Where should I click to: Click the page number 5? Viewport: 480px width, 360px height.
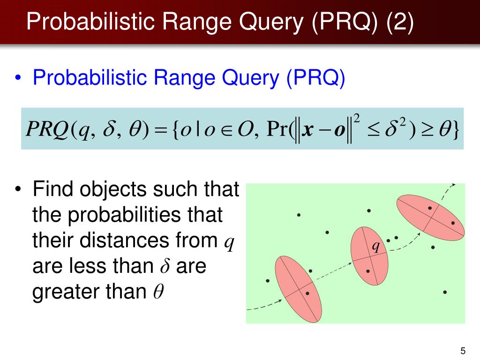tap(463, 351)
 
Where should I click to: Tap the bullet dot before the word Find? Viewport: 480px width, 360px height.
tap(18, 190)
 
